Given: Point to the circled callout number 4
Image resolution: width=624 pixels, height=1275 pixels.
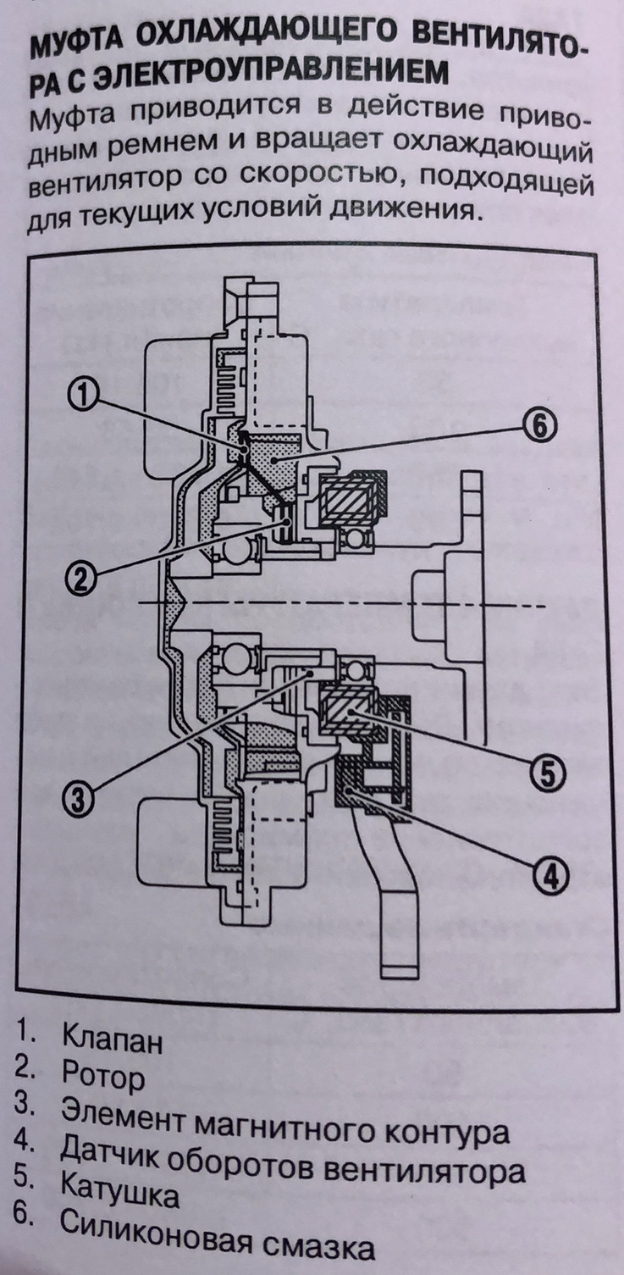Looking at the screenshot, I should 551,875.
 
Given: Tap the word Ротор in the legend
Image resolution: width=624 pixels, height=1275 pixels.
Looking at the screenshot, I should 103,1078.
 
